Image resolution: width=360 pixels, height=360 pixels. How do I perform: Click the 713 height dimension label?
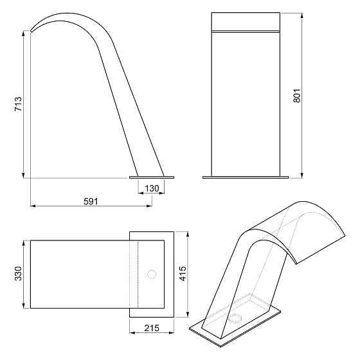tap(18, 104)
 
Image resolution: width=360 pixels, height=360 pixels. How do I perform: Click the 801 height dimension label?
tap(296, 96)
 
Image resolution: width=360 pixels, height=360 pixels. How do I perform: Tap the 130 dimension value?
tap(152, 189)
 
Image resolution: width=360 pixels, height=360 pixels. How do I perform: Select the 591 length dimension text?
tap(91, 202)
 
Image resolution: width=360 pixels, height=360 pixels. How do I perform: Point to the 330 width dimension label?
tap(18, 274)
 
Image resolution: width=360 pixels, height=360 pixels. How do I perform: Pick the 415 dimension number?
tap(183, 274)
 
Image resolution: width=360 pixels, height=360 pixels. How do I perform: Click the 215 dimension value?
tap(152, 328)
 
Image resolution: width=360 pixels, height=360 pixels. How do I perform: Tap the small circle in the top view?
tap(152, 274)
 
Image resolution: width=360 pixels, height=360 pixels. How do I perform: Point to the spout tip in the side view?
tap(31, 31)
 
